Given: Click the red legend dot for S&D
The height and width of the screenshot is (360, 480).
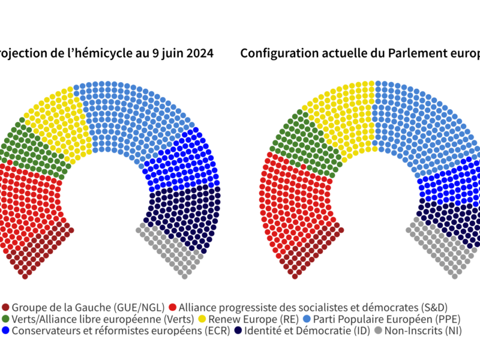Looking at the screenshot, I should point(173,307).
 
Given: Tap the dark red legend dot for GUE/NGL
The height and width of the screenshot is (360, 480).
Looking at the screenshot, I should point(6,307).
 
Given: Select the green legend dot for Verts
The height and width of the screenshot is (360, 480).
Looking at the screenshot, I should point(6,319).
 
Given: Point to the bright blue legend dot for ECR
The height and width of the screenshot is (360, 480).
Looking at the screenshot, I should point(6,331).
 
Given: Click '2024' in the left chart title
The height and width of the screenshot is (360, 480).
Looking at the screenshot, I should point(197,53).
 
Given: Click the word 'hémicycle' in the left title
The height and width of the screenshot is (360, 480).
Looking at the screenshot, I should point(100,53).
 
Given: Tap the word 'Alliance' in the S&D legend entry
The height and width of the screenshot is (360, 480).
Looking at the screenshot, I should point(199,307).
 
